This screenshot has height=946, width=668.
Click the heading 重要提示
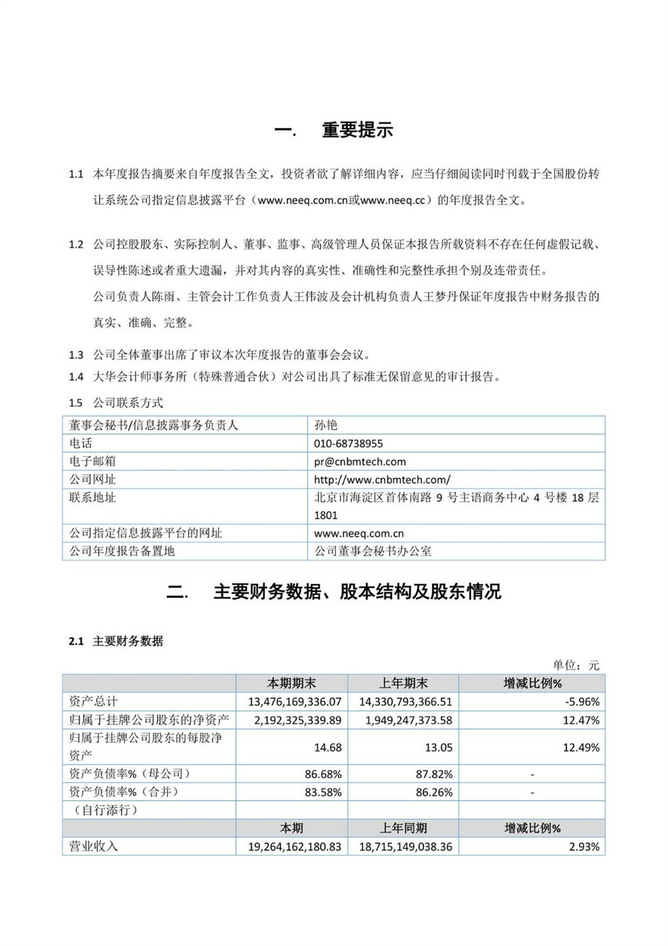coord(357,130)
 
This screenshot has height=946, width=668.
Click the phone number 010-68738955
coord(348,444)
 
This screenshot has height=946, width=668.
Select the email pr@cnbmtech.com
coord(360,462)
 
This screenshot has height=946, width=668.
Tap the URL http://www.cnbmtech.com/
coord(382,479)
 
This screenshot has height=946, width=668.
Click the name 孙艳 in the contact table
coord(326,425)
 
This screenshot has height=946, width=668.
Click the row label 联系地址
coord(92,497)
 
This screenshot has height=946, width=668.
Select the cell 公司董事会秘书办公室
coord(372,551)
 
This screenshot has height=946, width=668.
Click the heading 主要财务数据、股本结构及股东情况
coord(357,591)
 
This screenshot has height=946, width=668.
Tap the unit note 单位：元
coord(576,665)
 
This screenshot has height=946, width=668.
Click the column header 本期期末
coord(291,683)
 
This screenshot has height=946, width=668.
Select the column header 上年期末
coord(403,683)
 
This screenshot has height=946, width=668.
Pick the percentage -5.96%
coord(582,702)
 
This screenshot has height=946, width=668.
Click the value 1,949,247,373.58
coord(409,720)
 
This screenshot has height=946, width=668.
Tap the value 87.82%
coord(434,774)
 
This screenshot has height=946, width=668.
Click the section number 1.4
coord(76,377)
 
